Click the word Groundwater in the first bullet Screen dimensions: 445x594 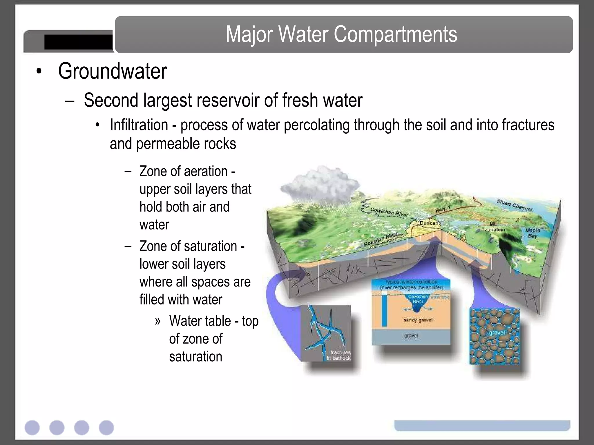[113, 71]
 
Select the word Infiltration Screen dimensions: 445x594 [139, 125]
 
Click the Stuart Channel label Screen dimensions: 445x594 [514, 205]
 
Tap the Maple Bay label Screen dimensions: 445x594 [533, 233]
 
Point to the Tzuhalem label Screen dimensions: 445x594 [493, 229]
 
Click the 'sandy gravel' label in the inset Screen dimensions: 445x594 [418, 320]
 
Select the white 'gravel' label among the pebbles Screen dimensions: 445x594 [497, 333]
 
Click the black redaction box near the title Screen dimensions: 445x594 [78, 42]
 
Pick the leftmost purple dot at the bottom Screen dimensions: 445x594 [32, 428]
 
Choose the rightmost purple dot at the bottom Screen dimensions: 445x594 [106, 428]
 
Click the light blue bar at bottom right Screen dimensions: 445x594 [482, 425]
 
